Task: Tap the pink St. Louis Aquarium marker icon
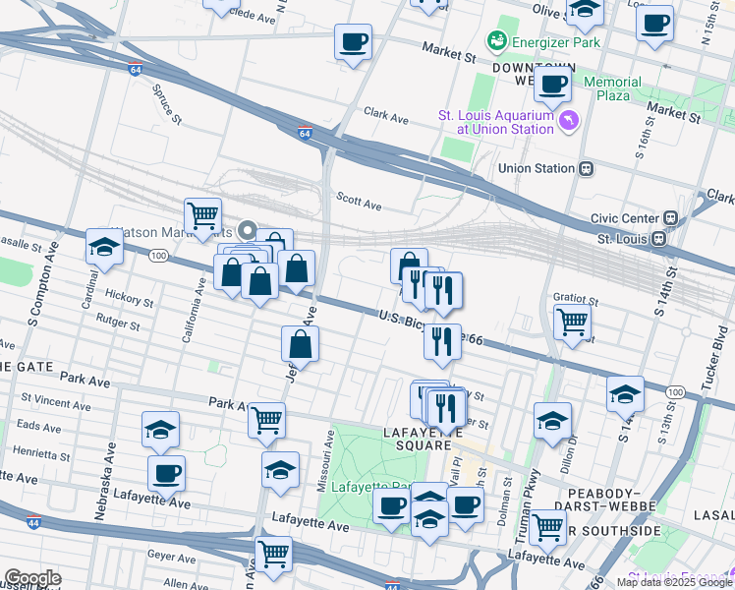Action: [x=569, y=120]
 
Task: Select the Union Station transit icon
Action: [x=587, y=168]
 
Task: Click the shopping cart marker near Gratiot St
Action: [x=572, y=319]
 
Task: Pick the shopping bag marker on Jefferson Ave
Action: [x=301, y=343]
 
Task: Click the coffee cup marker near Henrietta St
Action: [x=166, y=472]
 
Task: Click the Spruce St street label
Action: [x=166, y=106]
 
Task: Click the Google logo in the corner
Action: [x=33, y=578]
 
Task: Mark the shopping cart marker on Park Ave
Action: [x=266, y=419]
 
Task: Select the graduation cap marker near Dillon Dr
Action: [x=553, y=419]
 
